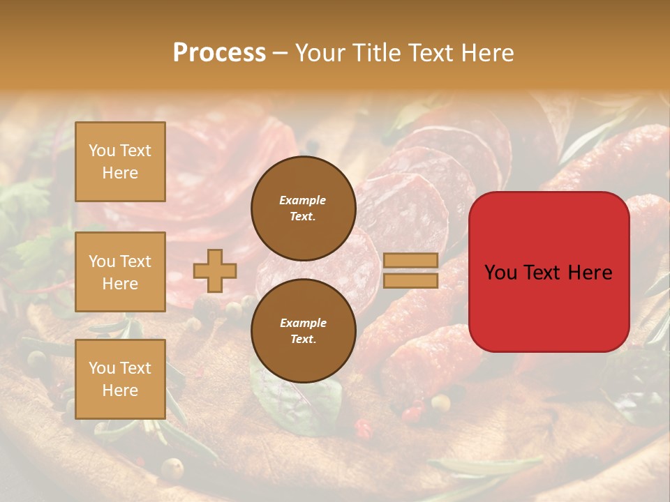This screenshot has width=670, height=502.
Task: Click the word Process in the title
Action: pyautogui.click(x=219, y=53)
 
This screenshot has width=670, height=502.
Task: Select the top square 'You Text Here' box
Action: pyautogui.click(x=120, y=162)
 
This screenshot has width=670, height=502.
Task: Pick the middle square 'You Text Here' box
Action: pyautogui.click(x=120, y=272)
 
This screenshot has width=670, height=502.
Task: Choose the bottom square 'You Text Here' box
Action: pyautogui.click(x=120, y=379)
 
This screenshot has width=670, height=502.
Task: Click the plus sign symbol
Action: pyautogui.click(x=215, y=271)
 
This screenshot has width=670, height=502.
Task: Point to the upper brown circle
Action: pyautogui.click(x=304, y=208)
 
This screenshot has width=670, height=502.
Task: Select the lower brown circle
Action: pyautogui.click(x=304, y=331)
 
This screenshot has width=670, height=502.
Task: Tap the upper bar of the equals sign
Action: pyautogui.click(x=411, y=260)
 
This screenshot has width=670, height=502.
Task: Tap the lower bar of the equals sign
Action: pyautogui.click(x=411, y=280)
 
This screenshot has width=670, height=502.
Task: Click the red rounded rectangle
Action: pyautogui.click(x=549, y=307)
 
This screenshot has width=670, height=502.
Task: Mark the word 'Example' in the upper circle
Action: pyautogui.click(x=302, y=200)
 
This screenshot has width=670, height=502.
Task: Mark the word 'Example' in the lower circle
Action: pyautogui.click(x=303, y=323)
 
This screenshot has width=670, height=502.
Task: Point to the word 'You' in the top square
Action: pyautogui.click(x=101, y=151)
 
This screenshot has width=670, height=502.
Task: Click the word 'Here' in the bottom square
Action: pyautogui.click(x=120, y=390)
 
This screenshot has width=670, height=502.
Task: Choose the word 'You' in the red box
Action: pyautogui.click(x=500, y=273)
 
